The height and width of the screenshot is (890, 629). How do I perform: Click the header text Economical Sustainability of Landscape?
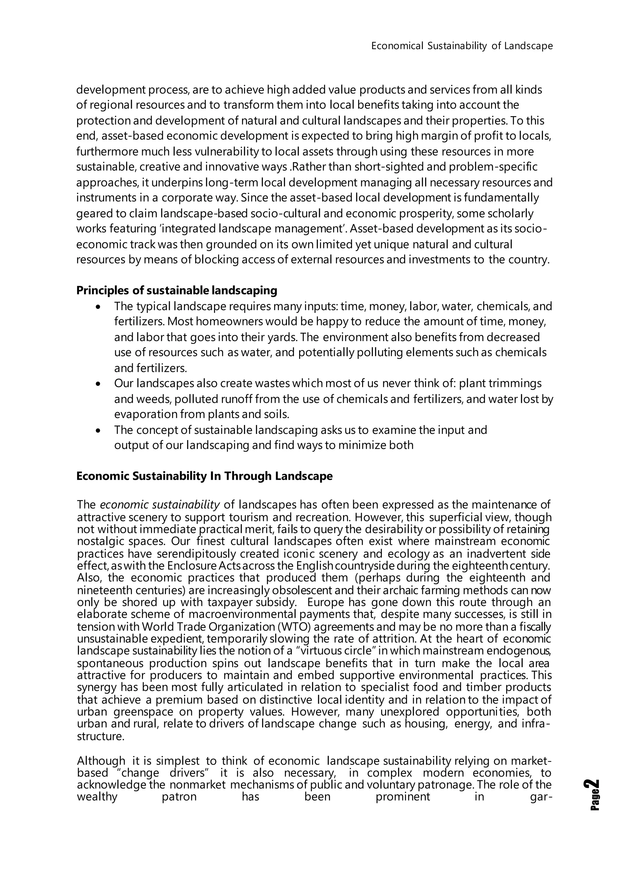[x=462, y=46]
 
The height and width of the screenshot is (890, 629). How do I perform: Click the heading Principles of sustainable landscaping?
[x=177, y=290]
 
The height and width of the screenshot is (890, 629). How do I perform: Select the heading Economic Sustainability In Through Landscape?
[x=204, y=476]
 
